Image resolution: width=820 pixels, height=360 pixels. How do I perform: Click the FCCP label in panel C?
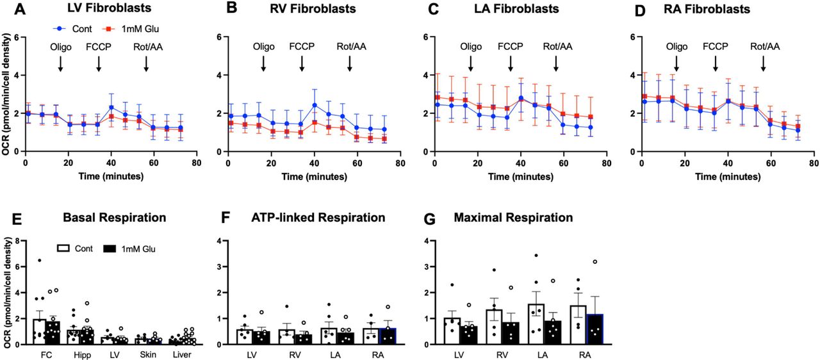click(x=511, y=46)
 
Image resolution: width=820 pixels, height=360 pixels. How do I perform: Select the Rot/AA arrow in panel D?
click(x=764, y=63)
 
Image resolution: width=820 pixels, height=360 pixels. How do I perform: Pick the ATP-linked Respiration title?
click(x=318, y=218)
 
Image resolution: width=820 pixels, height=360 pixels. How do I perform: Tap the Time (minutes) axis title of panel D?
click(x=728, y=175)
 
